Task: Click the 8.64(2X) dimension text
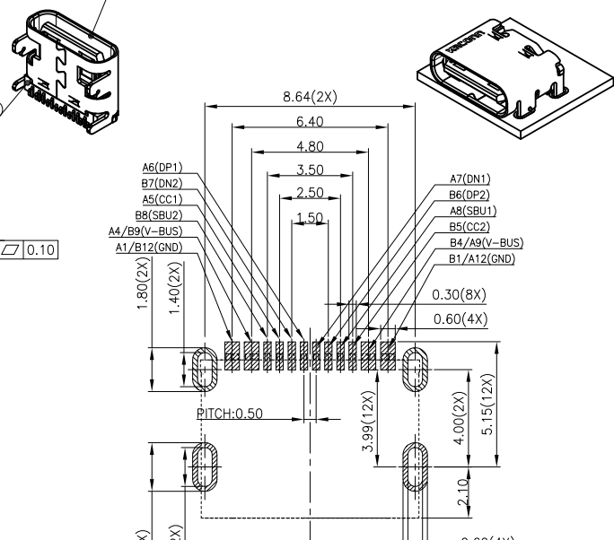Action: [x=309, y=97]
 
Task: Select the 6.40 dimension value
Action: [x=309, y=121]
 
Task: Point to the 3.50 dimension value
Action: [x=309, y=170]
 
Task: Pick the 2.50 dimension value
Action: [x=309, y=194]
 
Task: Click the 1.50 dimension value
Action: [x=309, y=218]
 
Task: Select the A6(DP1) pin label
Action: [x=162, y=167]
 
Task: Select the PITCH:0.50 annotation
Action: [x=231, y=414]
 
